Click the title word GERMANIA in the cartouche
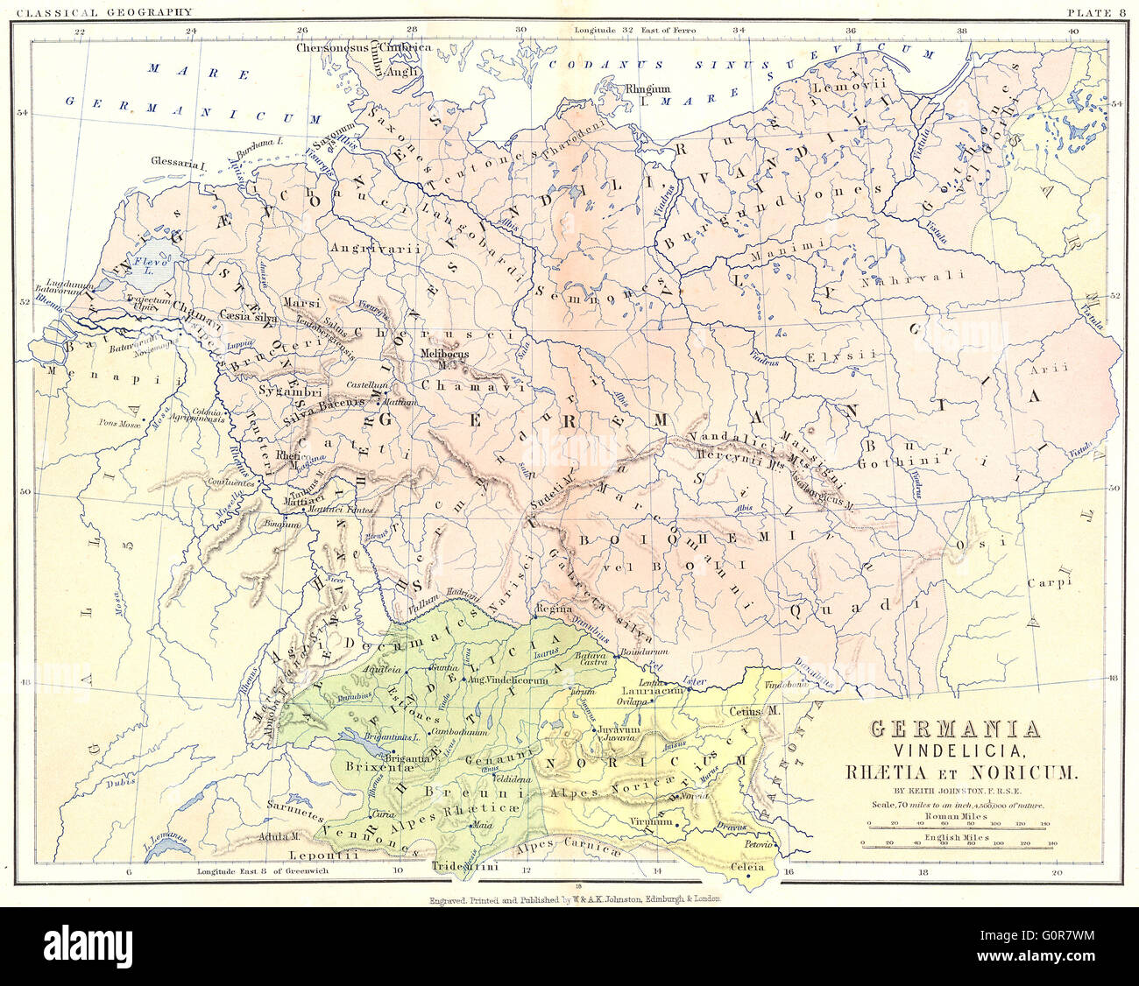point(955,729)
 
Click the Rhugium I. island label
point(647,93)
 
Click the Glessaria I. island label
point(178,165)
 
